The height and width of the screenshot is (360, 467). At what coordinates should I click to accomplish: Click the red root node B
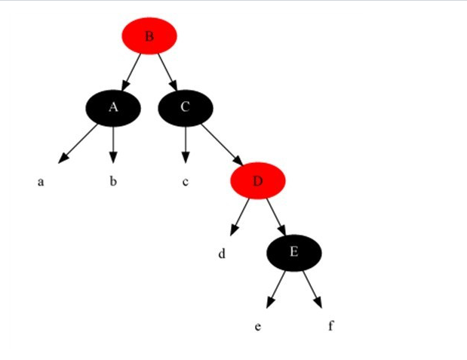[149, 35]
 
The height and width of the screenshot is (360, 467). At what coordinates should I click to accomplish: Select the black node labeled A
[112, 107]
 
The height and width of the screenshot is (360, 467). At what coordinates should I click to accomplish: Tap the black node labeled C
[185, 107]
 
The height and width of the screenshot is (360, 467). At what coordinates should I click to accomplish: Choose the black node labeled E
[293, 253]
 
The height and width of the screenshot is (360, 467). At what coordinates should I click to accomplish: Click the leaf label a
[41, 182]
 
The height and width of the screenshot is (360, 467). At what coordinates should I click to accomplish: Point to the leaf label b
[112, 182]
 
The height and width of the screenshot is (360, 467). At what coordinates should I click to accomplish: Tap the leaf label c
[185, 182]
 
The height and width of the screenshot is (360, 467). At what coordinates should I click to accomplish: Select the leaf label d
[222, 254]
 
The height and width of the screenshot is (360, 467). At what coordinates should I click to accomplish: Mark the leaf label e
[258, 327]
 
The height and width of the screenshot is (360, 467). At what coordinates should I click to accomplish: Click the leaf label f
[330, 326]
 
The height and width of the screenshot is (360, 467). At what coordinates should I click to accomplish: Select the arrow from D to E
[275, 217]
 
